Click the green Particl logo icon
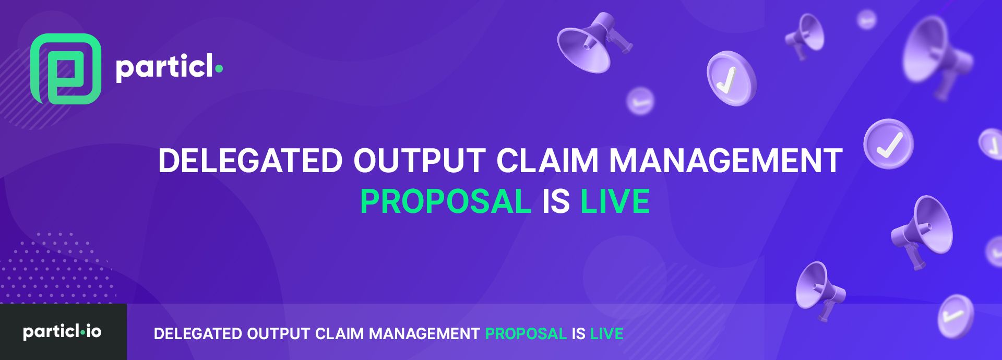(x=66, y=69)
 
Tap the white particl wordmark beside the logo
(x=164, y=68)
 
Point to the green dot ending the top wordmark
(x=219, y=68)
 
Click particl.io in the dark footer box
(x=62, y=332)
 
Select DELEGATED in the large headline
(x=250, y=160)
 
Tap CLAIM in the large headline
(x=547, y=160)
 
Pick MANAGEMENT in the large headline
(x=726, y=160)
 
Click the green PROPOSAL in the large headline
(x=446, y=201)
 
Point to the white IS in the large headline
(x=556, y=201)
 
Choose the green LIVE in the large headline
(x=615, y=201)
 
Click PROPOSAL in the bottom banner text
(x=526, y=334)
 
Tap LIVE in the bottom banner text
(x=606, y=334)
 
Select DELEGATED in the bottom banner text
(x=198, y=334)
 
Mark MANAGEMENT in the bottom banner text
(x=424, y=334)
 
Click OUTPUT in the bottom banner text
(x=279, y=334)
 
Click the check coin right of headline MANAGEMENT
(x=888, y=144)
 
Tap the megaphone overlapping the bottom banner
(x=819, y=290)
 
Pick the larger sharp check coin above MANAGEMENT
(x=731, y=78)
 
